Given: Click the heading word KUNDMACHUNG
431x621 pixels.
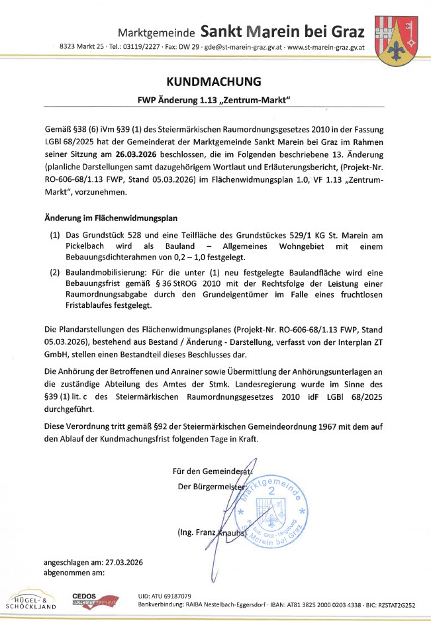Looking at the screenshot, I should (x=215, y=82).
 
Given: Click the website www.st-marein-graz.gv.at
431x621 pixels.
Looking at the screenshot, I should (x=328, y=47).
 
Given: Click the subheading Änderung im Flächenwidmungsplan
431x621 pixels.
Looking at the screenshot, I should (x=111, y=218).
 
